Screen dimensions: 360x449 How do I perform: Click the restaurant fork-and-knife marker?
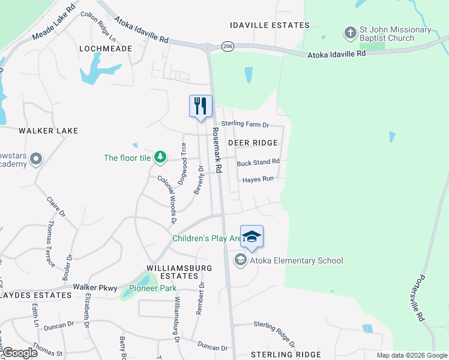[x=200, y=106]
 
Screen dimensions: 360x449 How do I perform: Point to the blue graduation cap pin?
[x=252, y=236]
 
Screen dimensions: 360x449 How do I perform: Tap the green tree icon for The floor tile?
[x=160, y=157]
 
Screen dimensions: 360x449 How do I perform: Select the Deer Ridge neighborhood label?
[x=253, y=143]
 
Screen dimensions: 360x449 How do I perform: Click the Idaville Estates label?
[x=270, y=25]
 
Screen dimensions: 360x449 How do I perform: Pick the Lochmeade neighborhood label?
[x=105, y=48]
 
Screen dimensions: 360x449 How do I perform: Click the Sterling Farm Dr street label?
[x=245, y=124]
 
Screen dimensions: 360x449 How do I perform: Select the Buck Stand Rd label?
[x=258, y=162]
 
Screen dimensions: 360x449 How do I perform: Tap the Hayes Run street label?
[x=258, y=179]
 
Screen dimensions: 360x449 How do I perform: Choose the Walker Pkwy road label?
[x=95, y=288]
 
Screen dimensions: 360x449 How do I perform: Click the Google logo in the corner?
[x=19, y=353]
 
